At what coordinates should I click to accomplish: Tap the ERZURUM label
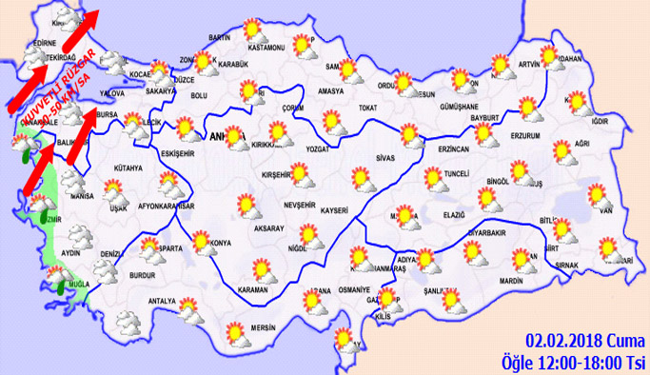525,136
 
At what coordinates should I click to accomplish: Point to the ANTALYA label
163,303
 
